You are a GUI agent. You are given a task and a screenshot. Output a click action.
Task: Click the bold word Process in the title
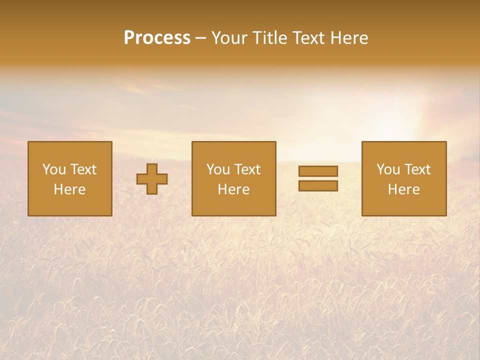tap(157, 38)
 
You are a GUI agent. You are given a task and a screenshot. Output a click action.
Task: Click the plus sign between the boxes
tap(152, 179)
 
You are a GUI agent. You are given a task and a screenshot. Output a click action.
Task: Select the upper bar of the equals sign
tap(318, 171)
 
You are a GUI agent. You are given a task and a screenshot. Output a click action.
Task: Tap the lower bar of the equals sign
tap(318, 186)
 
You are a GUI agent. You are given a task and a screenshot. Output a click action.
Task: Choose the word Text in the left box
tap(83, 169)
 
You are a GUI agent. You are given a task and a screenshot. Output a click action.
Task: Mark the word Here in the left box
tap(69, 189)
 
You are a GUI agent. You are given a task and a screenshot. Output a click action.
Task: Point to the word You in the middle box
tap(218, 169)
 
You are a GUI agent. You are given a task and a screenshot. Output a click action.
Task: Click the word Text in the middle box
tap(247, 169)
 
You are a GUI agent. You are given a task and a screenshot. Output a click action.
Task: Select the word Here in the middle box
tap(233, 189)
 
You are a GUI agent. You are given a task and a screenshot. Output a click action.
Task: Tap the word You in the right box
tap(388, 169)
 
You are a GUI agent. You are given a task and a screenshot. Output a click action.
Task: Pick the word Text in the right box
tap(417, 169)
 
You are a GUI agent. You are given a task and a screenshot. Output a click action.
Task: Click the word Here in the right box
tap(403, 189)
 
